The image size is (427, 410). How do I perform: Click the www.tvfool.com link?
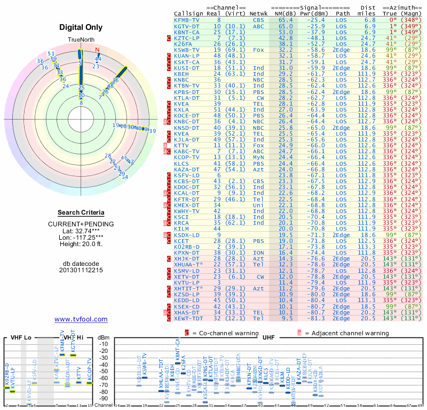click(x=81, y=319)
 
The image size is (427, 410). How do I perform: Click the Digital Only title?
click(x=81, y=27)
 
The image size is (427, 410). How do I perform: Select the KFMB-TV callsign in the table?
click(x=187, y=20)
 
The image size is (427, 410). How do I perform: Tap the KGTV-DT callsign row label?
click(x=187, y=26)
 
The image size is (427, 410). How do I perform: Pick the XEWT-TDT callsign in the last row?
click(x=189, y=318)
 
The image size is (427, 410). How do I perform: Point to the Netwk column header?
click(x=258, y=13)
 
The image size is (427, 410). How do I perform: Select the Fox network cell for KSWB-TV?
click(x=258, y=49)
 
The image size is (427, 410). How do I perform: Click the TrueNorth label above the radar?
click(x=80, y=41)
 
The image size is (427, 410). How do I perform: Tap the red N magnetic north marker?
click(x=97, y=50)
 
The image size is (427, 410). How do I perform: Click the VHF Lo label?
click(x=20, y=337)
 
